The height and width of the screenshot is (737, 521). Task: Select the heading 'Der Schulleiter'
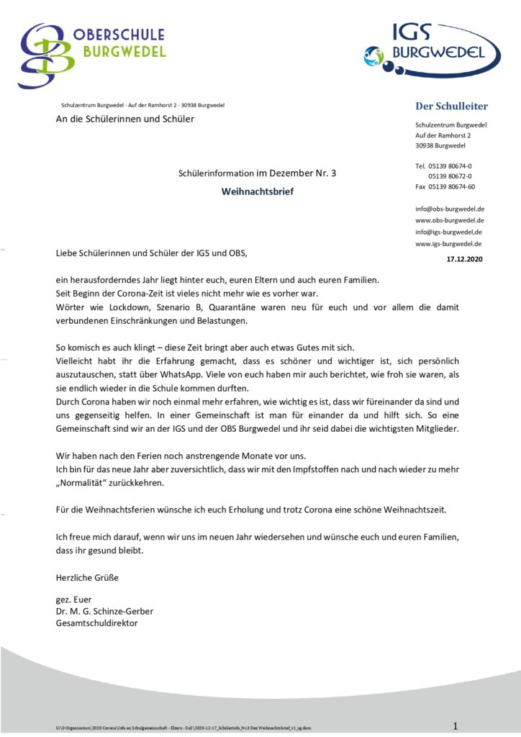[451, 107]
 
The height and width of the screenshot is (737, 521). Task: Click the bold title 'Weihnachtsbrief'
[257, 191]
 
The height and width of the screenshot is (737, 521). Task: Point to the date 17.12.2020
[465, 258]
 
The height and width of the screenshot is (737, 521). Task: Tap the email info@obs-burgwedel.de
[450, 209]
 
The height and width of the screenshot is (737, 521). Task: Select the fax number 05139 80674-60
[451, 186]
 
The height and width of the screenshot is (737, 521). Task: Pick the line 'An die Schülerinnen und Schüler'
[124, 119]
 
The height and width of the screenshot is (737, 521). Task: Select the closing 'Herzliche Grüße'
[87, 577]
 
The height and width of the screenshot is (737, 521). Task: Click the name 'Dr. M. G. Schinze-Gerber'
[104, 611]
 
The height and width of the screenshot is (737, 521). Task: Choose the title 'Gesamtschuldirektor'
[96, 623]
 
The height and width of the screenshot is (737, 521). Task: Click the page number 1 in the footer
[455, 725]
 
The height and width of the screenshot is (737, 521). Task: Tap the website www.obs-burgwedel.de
[449, 220]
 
